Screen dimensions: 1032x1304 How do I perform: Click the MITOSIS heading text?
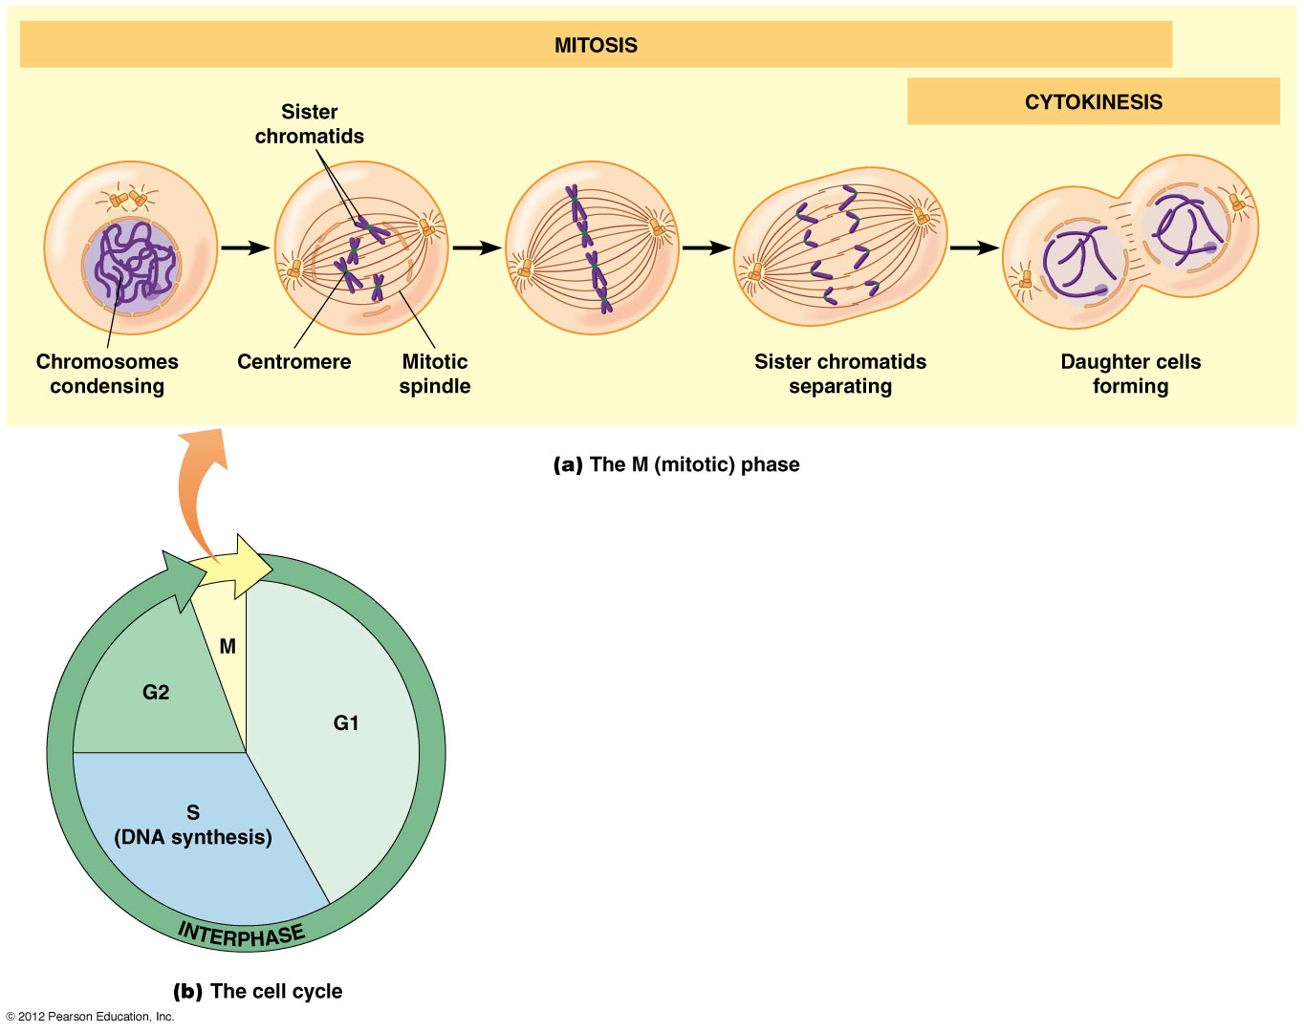[596, 45]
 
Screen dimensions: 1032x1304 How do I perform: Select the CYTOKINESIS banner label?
[1093, 102]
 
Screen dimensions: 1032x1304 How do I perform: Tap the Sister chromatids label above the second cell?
[309, 124]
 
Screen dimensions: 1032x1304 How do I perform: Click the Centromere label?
[293, 362]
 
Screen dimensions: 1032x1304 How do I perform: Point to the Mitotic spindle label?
[435, 374]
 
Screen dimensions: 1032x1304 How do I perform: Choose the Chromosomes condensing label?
[107, 374]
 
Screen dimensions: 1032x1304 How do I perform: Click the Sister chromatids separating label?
[839, 374]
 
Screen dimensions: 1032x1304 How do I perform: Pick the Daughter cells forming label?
[1130, 374]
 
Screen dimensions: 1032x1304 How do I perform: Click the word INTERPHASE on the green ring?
[241, 935]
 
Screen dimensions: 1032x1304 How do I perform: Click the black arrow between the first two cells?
[246, 248]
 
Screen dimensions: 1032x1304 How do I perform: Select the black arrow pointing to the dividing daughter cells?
[974, 248]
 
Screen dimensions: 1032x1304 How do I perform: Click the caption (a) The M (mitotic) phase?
[676, 465]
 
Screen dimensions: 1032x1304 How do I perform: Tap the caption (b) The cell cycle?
[257, 991]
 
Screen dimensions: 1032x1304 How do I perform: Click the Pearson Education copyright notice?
[90, 1017]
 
